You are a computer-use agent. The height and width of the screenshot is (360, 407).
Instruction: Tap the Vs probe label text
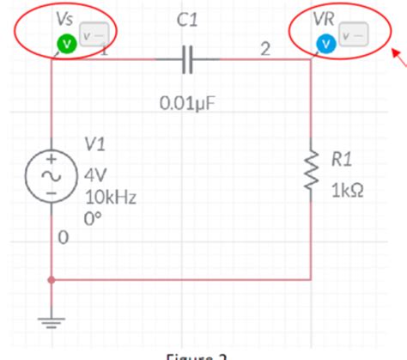[64, 17]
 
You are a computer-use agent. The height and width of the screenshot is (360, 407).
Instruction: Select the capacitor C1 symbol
[188, 60]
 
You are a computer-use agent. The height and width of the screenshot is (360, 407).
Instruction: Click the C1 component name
[188, 21]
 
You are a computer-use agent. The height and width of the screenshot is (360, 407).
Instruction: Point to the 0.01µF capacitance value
[188, 103]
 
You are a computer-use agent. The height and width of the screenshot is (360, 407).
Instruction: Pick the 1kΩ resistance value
[346, 189]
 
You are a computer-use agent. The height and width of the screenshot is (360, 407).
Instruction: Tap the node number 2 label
[266, 51]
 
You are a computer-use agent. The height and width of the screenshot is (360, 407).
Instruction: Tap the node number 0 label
[63, 239]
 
